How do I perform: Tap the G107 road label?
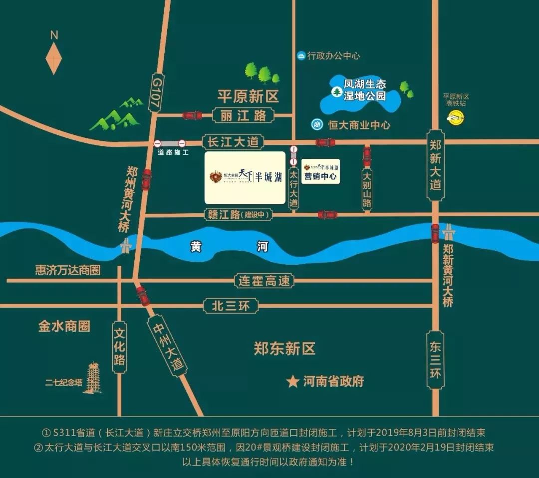click(x=155, y=93)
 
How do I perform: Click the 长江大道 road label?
click(x=233, y=142)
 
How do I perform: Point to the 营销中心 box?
click(x=320, y=171)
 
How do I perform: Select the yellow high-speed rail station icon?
click(x=455, y=117)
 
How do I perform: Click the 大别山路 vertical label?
click(x=367, y=189)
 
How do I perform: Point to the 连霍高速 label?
click(x=263, y=281)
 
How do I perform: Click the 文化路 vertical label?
click(x=119, y=346)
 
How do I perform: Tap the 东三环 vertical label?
click(x=435, y=360)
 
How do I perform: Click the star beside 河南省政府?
click(x=292, y=382)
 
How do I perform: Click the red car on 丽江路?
click(x=192, y=115)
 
